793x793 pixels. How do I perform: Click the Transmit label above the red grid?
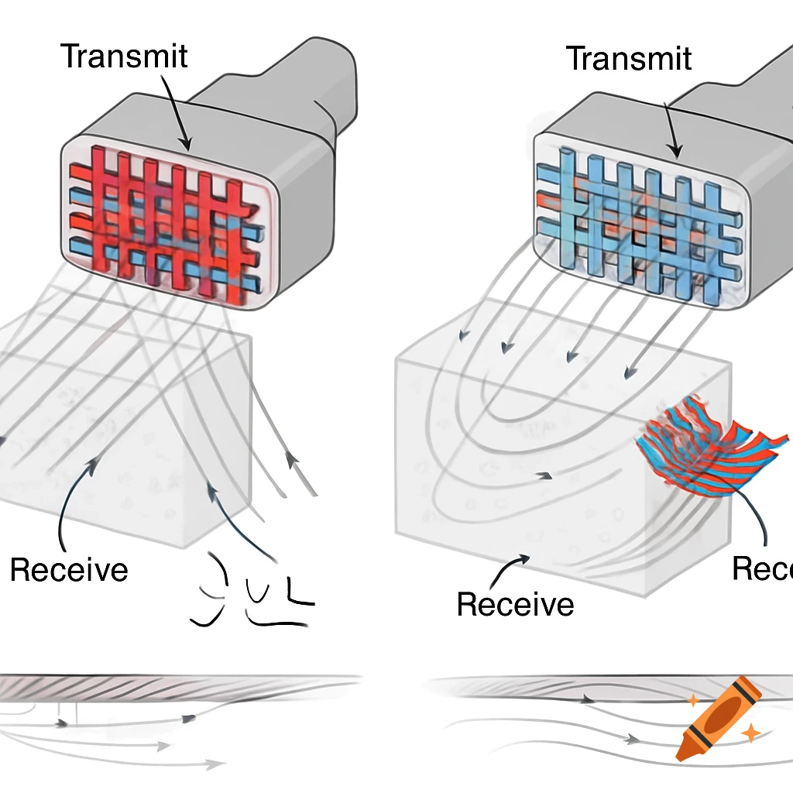click(124, 57)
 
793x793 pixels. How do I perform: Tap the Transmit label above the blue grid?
click(629, 59)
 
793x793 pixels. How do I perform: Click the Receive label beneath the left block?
click(68, 570)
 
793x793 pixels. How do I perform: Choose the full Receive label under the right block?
click(515, 604)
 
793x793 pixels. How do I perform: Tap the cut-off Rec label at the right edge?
click(762, 569)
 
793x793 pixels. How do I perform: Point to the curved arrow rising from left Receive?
click(74, 496)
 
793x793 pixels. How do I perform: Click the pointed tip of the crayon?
click(682, 752)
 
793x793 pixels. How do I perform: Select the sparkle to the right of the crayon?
click(749, 732)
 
